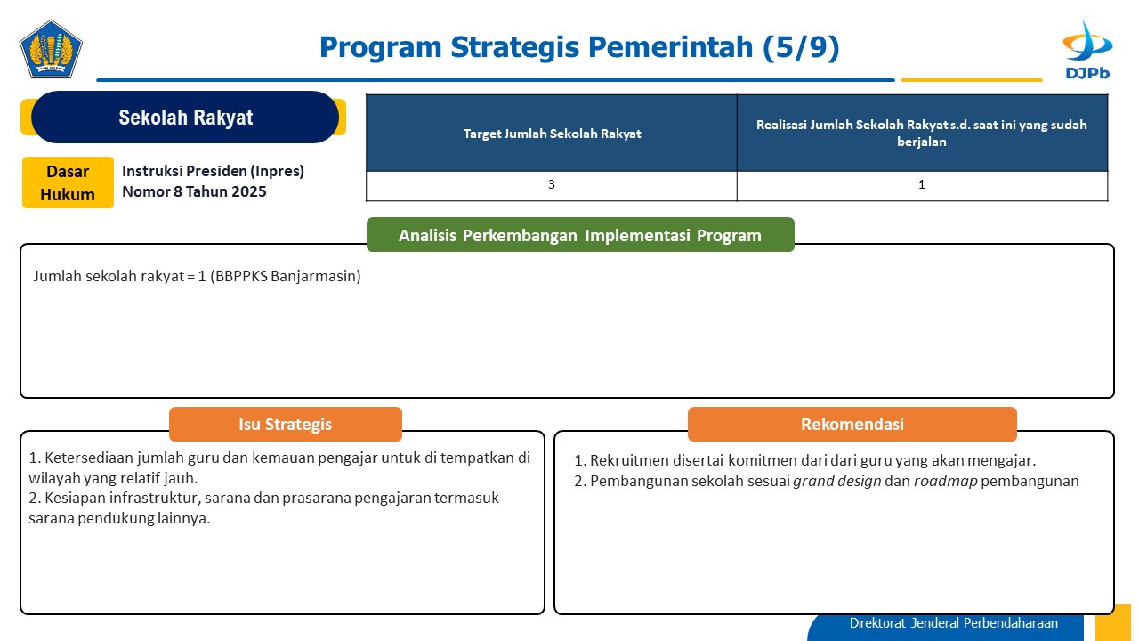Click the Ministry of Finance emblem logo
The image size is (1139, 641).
pyautogui.click(x=51, y=49)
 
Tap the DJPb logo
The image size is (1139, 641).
pyautogui.click(x=1087, y=50)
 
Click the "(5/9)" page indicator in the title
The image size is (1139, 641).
pyautogui.click(x=801, y=47)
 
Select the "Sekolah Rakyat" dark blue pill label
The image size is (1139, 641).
pyautogui.click(x=185, y=117)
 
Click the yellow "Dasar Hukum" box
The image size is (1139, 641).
pyautogui.click(x=68, y=183)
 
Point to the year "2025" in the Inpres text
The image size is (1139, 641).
pyautogui.click(x=248, y=191)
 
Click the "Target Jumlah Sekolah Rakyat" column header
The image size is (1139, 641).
pyautogui.click(x=552, y=134)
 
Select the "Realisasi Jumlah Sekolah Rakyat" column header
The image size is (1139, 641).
pyautogui.click(x=922, y=133)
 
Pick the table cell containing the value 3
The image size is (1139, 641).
pyautogui.click(x=552, y=186)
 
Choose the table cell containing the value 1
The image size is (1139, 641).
pyautogui.click(x=922, y=186)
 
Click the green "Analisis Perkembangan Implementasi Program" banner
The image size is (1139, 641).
pyautogui.click(x=580, y=234)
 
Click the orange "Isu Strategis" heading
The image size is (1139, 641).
pyautogui.click(x=286, y=424)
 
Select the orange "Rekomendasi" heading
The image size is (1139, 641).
pyautogui.click(x=852, y=424)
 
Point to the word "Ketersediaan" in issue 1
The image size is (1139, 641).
pyautogui.click(x=89, y=458)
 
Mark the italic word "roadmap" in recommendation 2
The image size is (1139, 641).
pyautogui.click(x=945, y=482)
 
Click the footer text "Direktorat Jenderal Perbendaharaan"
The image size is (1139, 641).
pyautogui.click(x=953, y=623)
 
